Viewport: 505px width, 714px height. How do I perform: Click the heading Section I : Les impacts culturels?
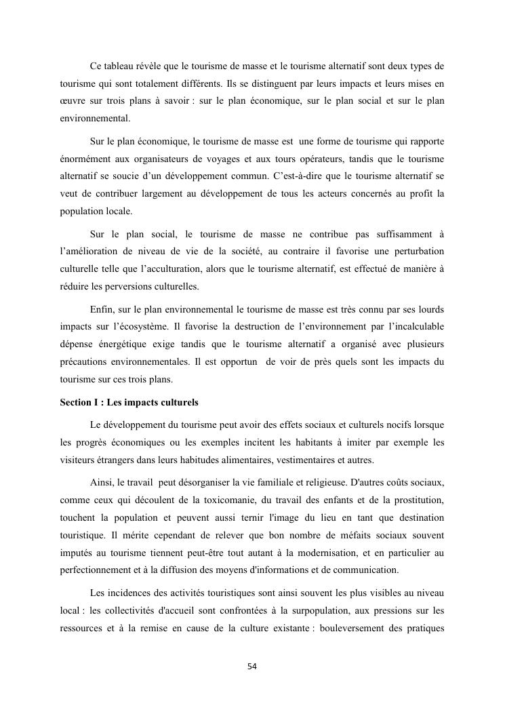[x=129, y=402]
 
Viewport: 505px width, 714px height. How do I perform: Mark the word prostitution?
[x=416, y=500]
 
